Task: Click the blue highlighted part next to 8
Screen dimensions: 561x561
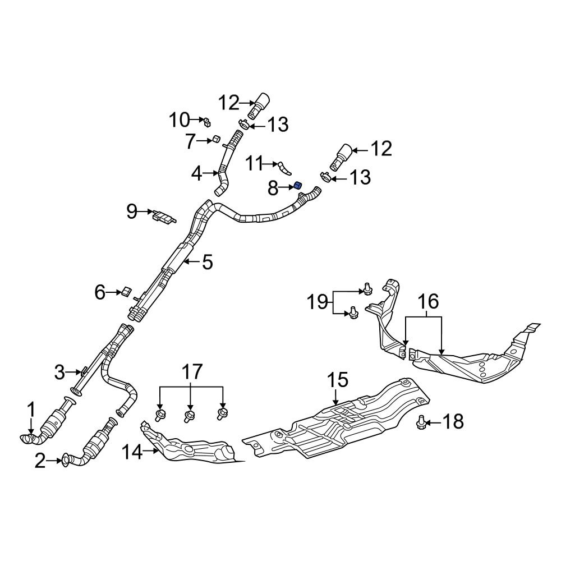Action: point(298,186)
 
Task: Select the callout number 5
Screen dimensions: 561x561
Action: point(207,261)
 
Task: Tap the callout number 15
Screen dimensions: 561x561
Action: point(338,380)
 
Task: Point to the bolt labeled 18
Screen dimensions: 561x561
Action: point(421,421)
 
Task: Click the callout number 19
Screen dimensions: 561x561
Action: point(317,303)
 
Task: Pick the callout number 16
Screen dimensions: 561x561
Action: point(428,302)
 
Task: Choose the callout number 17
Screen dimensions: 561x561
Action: point(191,372)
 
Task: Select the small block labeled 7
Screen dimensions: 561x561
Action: point(215,139)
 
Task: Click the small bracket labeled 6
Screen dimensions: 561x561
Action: point(126,291)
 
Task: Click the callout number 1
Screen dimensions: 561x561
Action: point(31,409)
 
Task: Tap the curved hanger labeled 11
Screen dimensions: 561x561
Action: point(284,167)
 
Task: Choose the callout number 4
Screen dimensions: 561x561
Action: point(196,174)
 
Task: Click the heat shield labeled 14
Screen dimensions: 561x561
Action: point(191,449)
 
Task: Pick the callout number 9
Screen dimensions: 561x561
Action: point(132,211)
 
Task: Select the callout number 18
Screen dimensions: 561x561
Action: point(453,421)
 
